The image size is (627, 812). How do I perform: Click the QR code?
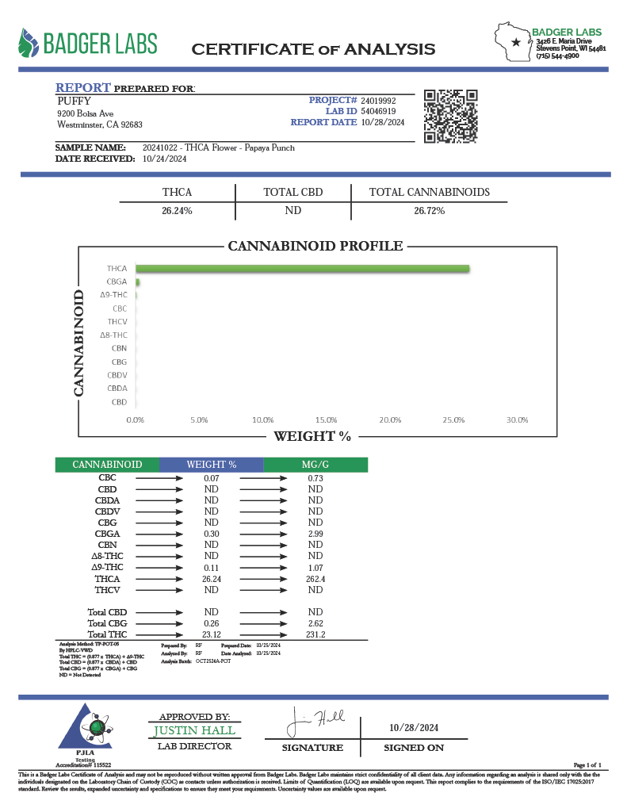[450, 116]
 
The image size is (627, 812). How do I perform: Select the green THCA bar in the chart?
[303, 269]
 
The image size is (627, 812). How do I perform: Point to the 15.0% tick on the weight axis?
[327, 419]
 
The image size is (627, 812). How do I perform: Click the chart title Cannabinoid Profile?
[315, 246]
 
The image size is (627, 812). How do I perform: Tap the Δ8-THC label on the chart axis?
[113, 335]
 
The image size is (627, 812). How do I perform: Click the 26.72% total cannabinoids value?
[429, 211]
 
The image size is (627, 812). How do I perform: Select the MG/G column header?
[315, 465]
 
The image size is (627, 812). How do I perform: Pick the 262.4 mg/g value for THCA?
[315, 580]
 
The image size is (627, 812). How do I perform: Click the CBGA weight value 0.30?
[211, 534]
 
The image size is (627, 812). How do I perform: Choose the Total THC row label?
[107, 634]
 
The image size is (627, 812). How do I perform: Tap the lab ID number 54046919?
[378, 112]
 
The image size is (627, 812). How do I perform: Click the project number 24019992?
[378, 101]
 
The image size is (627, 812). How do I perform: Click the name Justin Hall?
[194, 730]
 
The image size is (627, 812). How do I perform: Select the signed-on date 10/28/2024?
[414, 728]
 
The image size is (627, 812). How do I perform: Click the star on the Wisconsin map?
[517, 42]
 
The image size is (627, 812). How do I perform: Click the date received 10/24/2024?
[165, 159]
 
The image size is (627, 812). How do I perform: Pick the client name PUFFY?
[75, 101]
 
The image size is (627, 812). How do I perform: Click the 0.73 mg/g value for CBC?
[315, 478]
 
